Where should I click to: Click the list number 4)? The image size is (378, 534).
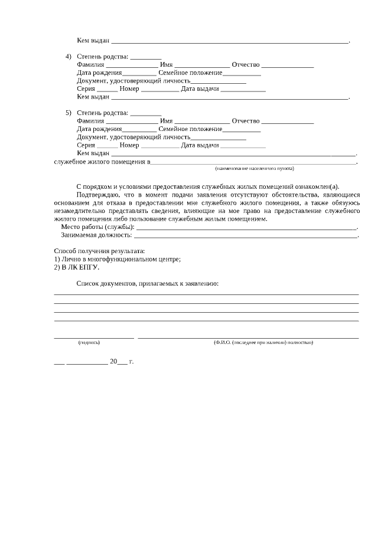(69, 56)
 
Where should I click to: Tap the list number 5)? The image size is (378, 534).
(69, 113)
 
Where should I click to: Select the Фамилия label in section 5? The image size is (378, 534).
(90, 121)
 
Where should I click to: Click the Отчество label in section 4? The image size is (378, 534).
(246, 64)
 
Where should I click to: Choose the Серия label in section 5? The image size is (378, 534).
(86, 145)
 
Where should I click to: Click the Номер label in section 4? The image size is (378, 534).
(129, 89)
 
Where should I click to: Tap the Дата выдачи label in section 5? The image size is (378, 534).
(200, 145)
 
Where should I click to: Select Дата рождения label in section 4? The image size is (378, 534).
(99, 73)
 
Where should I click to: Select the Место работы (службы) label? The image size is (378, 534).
(97, 227)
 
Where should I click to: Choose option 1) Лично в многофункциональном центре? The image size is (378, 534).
(117, 259)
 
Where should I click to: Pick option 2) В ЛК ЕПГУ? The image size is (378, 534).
(76, 267)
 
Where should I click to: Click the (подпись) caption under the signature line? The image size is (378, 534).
(89, 342)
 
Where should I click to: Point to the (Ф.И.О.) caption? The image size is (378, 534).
(263, 342)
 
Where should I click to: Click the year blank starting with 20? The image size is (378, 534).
(118, 361)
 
